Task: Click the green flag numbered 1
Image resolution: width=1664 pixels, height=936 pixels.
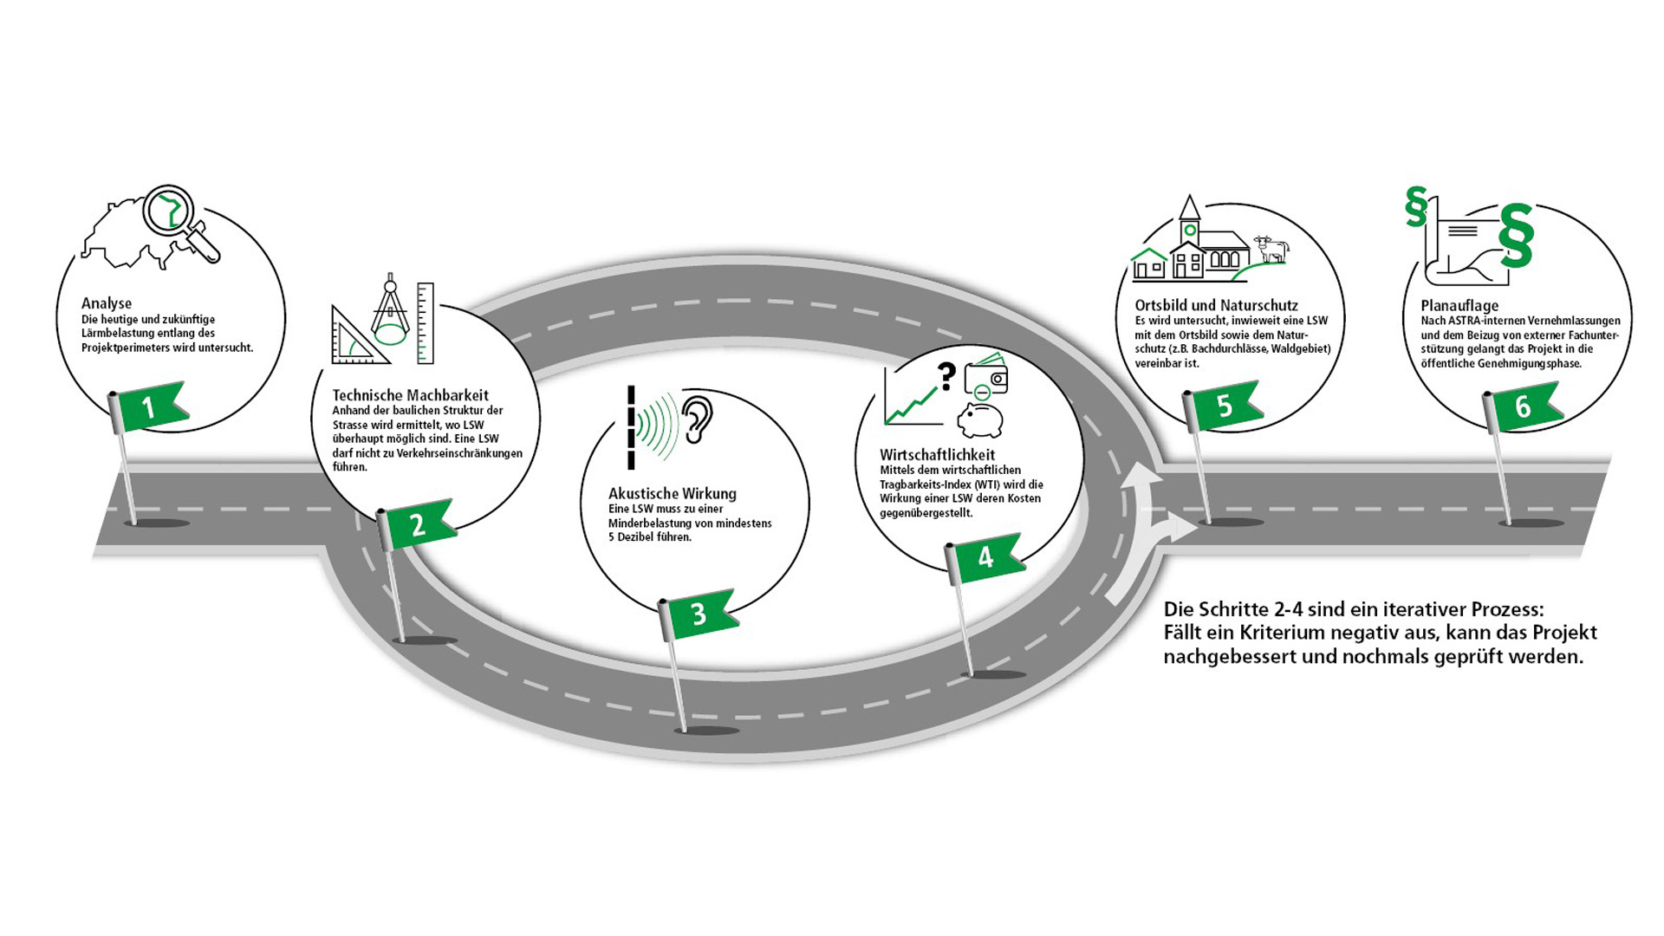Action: pos(152,406)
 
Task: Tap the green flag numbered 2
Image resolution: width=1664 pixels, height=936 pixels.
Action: pos(419,523)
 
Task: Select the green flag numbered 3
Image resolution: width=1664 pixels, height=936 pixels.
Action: pos(700,614)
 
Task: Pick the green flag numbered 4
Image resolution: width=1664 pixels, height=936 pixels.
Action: pos(987,557)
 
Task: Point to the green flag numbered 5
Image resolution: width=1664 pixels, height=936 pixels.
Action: pos(1225,406)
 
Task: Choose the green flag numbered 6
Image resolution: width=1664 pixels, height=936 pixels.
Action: pos(1524,406)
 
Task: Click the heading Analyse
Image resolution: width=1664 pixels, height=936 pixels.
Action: pos(107,303)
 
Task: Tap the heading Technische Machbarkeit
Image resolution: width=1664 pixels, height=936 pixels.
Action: pos(411,395)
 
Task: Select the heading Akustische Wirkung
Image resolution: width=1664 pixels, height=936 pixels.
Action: pos(673,494)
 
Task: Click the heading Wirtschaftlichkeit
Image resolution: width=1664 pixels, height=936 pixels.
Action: pos(938,455)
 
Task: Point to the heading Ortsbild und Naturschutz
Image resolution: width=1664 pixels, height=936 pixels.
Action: pos(1217,305)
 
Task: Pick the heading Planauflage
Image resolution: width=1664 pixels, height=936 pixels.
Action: pos(1459,306)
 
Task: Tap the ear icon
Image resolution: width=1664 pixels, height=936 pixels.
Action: pos(697,420)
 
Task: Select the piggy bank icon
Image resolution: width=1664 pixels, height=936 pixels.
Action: pos(980,420)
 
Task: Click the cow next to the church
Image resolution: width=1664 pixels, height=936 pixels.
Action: pos(1271,249)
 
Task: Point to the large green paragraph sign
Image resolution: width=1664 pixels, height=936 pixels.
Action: pos(1517,236)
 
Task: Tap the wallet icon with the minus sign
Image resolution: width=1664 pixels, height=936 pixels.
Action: pos(987,375)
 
